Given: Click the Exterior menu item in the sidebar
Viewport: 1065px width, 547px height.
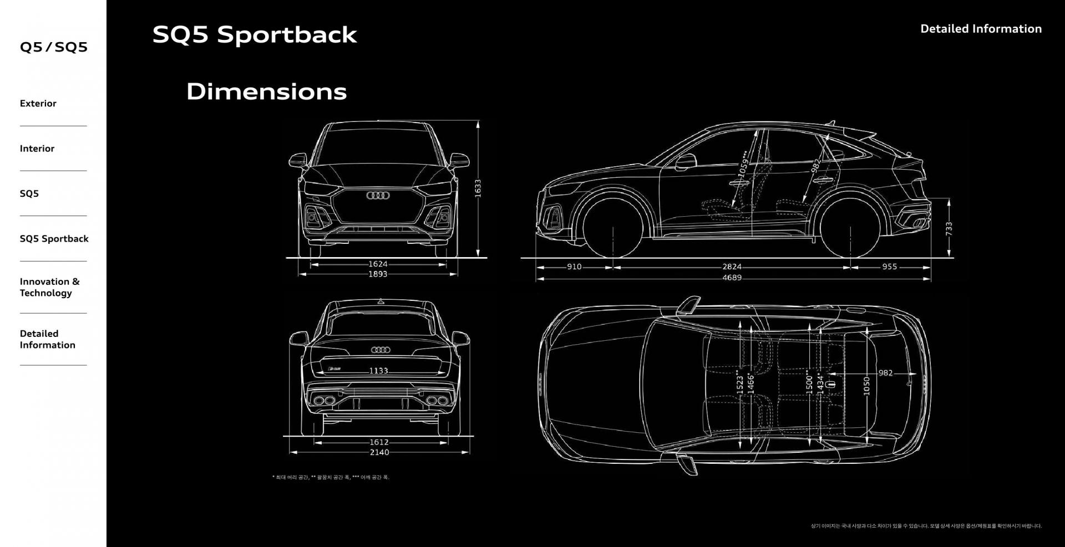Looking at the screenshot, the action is [38, 104].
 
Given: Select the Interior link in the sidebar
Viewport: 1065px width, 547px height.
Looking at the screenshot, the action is [37, 149].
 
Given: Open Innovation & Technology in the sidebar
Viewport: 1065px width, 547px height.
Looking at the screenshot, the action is [49, 287].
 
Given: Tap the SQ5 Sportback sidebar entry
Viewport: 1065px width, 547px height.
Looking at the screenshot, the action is [54, 239].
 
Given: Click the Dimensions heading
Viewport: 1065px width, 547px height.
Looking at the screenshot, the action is [266, 91].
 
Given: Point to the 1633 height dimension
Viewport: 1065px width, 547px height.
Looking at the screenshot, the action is [478, 187].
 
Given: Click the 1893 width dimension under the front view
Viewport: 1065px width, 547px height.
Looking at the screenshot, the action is [378, 274].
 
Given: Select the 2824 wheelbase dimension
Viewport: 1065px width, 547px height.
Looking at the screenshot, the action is [732, 267].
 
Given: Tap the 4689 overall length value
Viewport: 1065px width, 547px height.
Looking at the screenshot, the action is [732, 278].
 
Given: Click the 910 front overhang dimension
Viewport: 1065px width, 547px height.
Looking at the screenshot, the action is [574, 267].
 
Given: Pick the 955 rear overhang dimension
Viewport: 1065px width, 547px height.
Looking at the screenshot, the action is [889, 267].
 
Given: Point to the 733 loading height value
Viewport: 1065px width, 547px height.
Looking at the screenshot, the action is [949, 228].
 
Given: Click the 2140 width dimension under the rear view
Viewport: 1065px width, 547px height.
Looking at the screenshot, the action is [379, 453].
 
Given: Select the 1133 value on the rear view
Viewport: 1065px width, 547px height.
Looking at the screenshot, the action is [379, 371].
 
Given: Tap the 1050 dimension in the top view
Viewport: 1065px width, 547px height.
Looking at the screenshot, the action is [866, 385].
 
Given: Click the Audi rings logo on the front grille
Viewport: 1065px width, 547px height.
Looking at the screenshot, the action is [378, 196].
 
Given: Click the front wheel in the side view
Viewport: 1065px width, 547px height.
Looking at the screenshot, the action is [613, 227].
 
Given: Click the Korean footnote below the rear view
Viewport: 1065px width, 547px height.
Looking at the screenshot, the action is [331, 477].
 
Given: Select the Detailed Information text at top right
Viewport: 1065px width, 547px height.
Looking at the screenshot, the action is [981, 29].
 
